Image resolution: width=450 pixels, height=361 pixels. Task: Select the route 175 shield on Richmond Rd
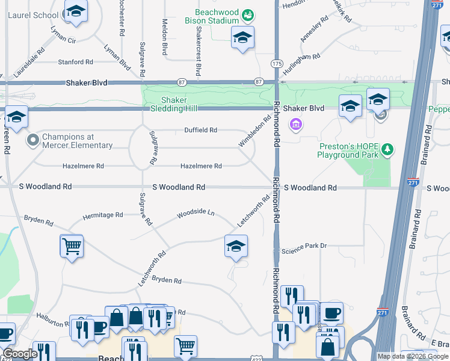coord(276,63)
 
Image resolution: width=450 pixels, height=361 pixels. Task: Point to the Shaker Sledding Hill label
coord(165,104)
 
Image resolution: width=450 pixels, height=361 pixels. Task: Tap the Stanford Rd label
coord(75,62)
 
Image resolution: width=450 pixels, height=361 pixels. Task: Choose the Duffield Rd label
coord(200,130)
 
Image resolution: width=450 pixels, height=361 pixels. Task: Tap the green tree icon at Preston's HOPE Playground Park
coord(389,149)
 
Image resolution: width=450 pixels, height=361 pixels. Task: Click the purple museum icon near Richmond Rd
coord(295,125)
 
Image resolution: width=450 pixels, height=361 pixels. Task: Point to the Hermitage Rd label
coord(102,214)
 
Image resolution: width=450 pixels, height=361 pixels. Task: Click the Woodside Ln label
coord(196,213)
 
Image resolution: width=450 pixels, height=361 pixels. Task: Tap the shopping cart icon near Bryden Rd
coord(72,245)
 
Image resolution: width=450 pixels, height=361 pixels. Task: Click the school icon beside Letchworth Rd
coord(236,245)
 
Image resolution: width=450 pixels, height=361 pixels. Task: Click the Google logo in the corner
coord(20,354)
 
